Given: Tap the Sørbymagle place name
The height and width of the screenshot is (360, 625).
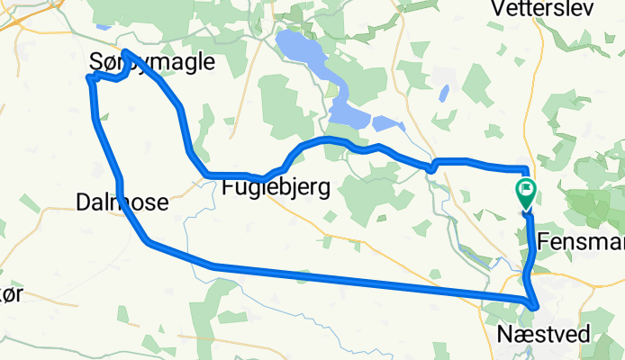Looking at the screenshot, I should (153, 61).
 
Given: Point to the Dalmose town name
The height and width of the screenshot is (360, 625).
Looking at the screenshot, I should (123, 203).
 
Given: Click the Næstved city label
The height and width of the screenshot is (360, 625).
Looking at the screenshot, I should (544, 334).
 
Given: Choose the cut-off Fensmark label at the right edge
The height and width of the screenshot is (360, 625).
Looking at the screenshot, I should (580, 241).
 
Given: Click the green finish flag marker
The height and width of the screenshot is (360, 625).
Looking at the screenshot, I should (525, 192).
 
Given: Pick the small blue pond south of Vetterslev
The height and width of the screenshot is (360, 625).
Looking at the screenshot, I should (443, 93).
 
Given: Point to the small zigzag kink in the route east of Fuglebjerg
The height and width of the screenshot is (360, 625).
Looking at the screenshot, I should (432, 166).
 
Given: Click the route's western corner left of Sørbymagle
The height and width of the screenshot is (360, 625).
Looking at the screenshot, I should (88, 79).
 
